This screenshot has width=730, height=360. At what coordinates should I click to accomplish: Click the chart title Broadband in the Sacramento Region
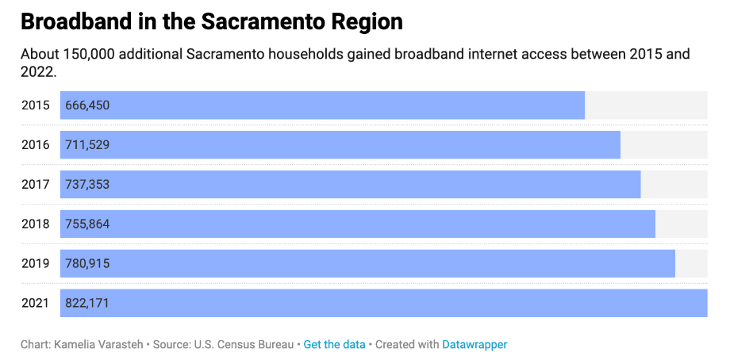pyautogui.click(x=212, y=22)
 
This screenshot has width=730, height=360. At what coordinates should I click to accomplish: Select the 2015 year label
pyautogui.click(x=36, y=105)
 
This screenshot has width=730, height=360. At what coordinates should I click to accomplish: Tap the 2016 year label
pyautogui.click(x=36, y=145)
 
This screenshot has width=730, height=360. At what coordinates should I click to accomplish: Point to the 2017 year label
pyautogui.click(x=36, y=185)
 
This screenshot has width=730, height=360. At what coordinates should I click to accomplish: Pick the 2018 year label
pyautogui.click(x=36, y=224)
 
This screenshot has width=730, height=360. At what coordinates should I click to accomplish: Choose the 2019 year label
pyautogui.click(x=36, y=264)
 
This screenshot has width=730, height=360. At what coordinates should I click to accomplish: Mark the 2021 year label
pyautogui.click(x=36, y=304)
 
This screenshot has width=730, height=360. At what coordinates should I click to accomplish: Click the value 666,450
pyautogui.click(x=87, y=105)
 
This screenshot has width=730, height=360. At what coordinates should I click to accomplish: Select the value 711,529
pyautogui.click(x=87, y=145)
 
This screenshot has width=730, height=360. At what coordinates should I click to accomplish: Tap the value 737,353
pyautogui.click(x=87, y=185)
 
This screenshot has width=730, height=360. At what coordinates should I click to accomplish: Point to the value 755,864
pyautogui.click(x=87, y=224)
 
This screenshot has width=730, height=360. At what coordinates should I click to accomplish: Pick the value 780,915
pyautogui.click(x=87, y=264)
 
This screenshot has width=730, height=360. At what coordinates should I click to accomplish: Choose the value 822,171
pyautogui.click(x=87, y=304)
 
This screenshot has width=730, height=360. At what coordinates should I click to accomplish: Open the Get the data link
pyautogui.click(x=334, y=345)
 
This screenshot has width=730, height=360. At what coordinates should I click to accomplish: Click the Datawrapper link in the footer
pyautogui.click(x=474, y=345)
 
